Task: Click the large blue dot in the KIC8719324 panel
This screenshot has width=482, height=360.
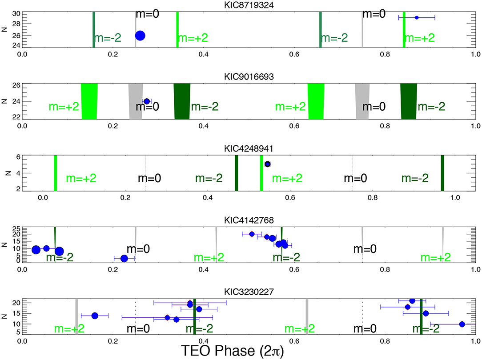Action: click(x=140, y=36)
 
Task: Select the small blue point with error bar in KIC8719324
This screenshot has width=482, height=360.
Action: click(x=417, y=18)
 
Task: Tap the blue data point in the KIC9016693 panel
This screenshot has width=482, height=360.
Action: click(x=147, y=101)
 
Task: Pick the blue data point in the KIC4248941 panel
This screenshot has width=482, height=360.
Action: click(x=267, y=164)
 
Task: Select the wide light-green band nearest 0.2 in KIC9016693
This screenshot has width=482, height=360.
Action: click(x=89, y=101)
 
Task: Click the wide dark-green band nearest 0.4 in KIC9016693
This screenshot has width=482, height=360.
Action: click(x=182, y=101)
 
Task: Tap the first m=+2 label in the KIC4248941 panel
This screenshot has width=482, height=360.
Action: click(x=81, y=179)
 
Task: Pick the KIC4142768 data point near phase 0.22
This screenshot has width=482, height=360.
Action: click(x=124, y=258)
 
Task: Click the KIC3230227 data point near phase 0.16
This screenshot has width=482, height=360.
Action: click(x=94, y=316)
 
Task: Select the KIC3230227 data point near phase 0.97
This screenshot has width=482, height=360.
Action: click(x=462, y=324)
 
